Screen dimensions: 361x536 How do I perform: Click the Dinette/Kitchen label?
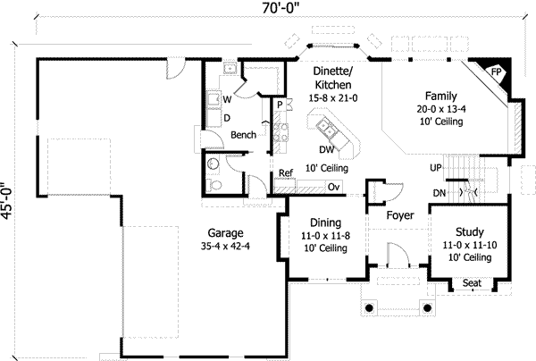coord(331,78)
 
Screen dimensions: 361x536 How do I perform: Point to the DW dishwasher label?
coord(326,150)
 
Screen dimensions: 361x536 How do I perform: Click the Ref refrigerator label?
coord(286,173)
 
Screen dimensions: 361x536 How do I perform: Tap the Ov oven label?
coord(333,187)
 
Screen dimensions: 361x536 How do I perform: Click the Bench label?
coord(244,135)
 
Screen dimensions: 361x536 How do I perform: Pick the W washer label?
coord(227,99)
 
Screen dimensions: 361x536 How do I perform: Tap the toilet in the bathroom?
coord(214,184)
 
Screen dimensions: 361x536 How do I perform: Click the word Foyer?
coord(400,215)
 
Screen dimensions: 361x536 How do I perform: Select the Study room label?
coord(468,231)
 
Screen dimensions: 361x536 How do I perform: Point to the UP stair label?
coord(436,167)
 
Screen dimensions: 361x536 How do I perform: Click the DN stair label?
coord(438,192)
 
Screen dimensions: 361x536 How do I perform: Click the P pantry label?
coord(281,105)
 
